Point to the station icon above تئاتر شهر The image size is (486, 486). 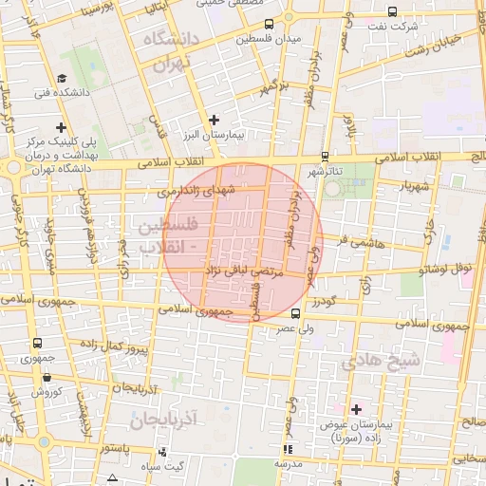pos(326,157)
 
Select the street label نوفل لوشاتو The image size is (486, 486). pos(450,270)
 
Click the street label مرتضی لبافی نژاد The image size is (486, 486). pos(241,273)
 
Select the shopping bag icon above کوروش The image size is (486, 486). pos(45,377)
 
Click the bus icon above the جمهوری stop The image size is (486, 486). pos(37,344)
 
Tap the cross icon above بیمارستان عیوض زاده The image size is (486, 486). pos(357,409)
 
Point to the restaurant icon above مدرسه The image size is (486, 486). pos(287,449)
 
